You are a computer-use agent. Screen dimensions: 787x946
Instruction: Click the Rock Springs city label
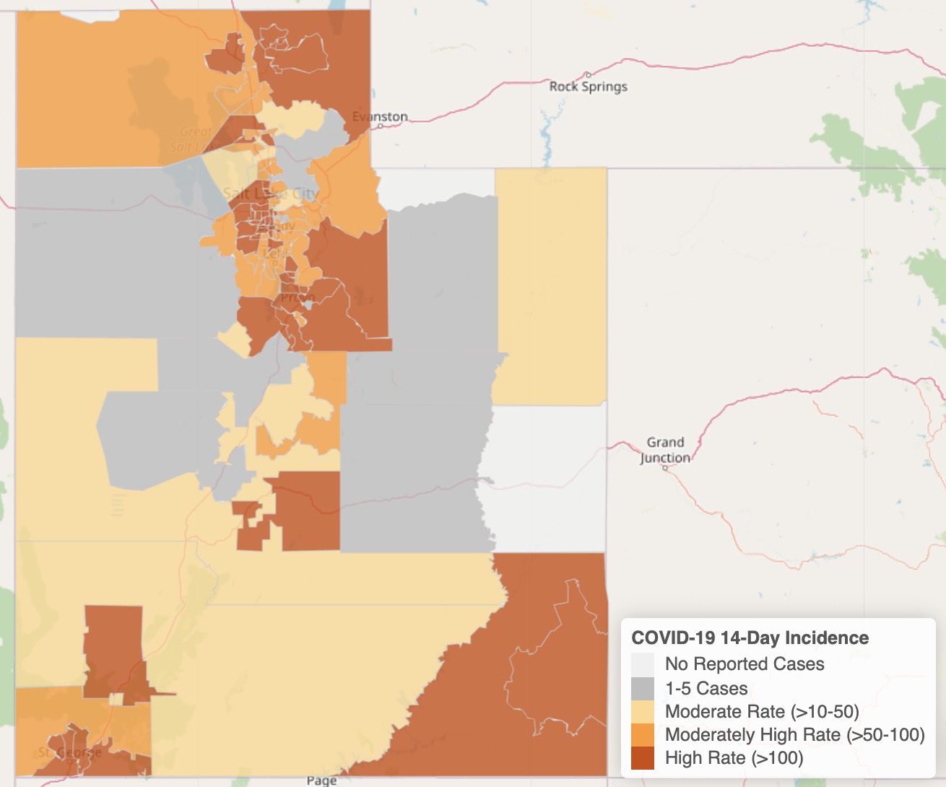(588, 87)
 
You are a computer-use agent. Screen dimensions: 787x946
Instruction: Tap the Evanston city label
(380, 116)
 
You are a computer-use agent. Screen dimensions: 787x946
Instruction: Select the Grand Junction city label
(665, 450)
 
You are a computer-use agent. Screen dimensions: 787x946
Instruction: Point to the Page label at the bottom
(321, 780)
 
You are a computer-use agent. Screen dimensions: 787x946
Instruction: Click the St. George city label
(69, 752)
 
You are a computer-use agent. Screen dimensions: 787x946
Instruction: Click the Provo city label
(298, 297)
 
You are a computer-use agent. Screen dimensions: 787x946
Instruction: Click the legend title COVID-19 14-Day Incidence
(750, 638)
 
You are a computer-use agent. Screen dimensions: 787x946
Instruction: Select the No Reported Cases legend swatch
(642, 664)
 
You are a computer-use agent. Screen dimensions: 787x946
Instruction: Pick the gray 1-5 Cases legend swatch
(642, 688)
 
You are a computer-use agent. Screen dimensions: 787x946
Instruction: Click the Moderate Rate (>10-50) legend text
(762, 712)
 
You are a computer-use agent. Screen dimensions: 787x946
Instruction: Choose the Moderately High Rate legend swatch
(642, 735)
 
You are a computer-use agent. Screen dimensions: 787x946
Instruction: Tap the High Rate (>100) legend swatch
(642, 758)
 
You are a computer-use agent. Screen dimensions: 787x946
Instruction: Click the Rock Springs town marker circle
(589, 74)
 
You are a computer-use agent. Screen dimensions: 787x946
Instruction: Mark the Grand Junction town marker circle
(665, 468)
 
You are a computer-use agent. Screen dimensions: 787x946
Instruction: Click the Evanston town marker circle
(381, 126)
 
